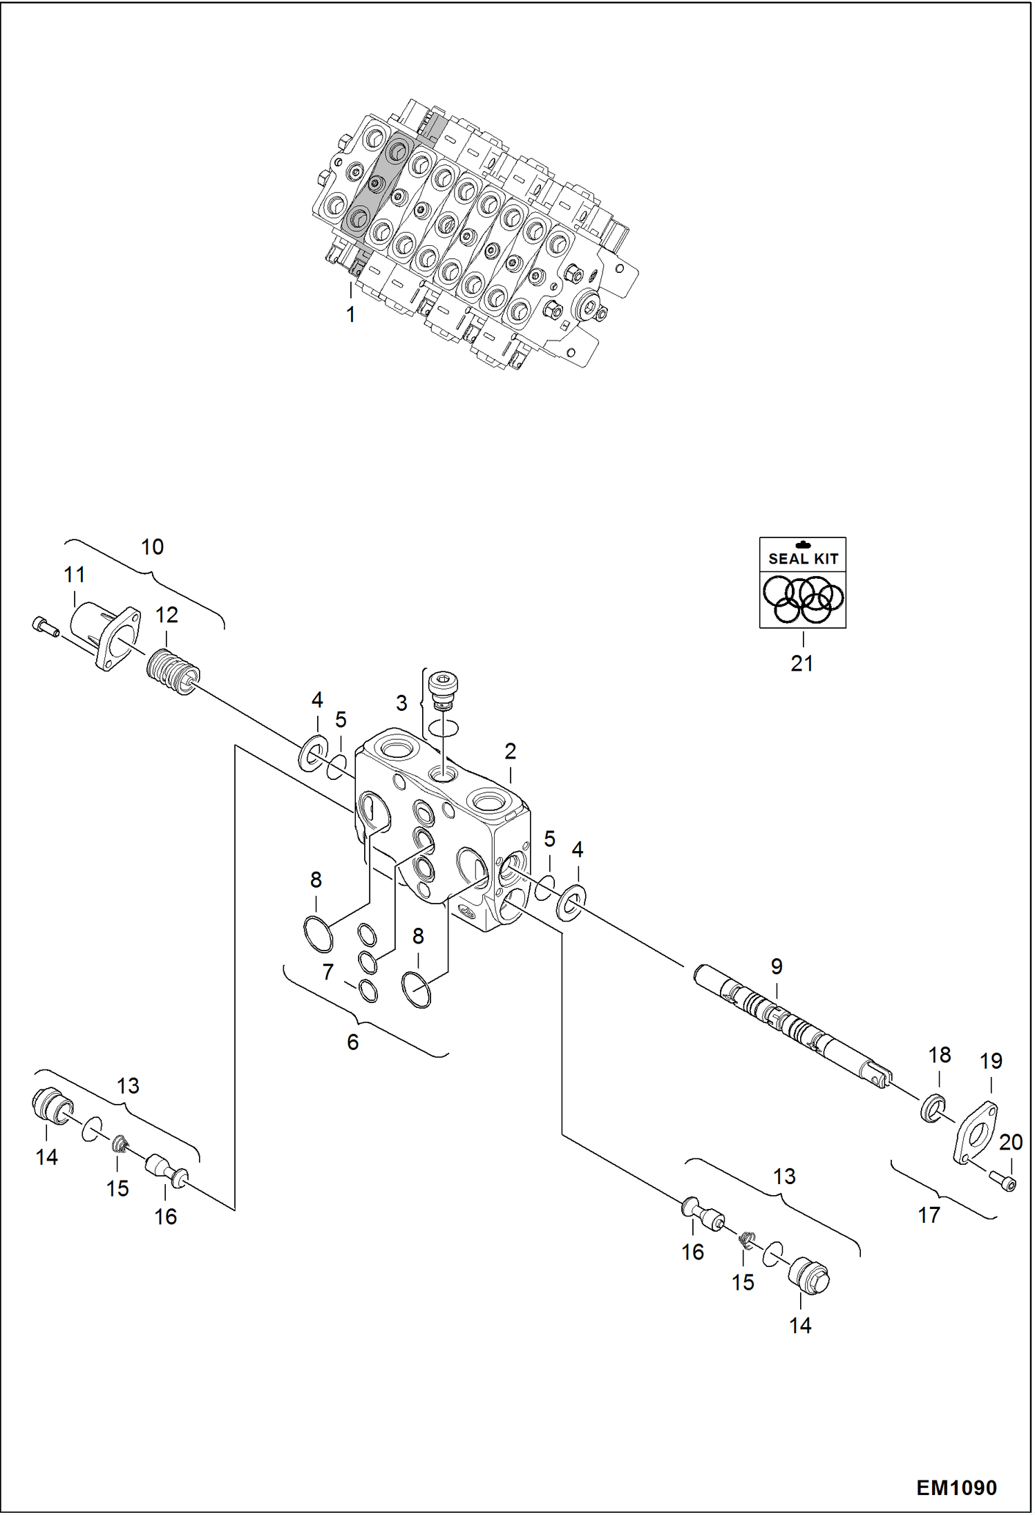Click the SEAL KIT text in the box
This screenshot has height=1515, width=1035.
pos(803,558)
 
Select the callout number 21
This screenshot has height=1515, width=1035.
pos(801,663)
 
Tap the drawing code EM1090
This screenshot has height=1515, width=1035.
pos(956,1487)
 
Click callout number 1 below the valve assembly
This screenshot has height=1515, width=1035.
pos(350,314)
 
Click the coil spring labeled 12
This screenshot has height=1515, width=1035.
pos(173,672)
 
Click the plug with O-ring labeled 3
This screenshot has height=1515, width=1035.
pos(444,691)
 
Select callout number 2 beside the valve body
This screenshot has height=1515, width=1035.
pos(510,752)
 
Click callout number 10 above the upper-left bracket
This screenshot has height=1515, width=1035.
pos(152,547)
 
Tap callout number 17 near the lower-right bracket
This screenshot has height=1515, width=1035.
pos(929,1214)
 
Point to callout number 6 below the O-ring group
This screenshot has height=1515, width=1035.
pos(352,1042)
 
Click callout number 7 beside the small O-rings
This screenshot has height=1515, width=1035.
pos(328,972)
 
